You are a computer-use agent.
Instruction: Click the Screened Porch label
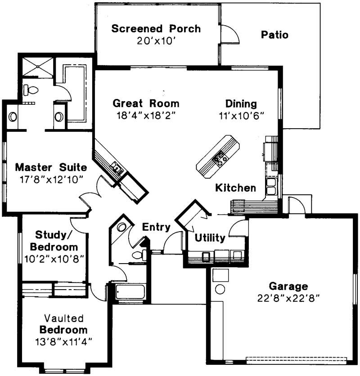click(x=156, y=29)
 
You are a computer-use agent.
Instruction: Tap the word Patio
click(x=274, y=35)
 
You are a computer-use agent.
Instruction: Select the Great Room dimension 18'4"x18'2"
click(x=145, y=115)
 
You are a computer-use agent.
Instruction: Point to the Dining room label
click(x=241, y=103)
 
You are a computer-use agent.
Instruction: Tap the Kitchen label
click(x=235, y=188)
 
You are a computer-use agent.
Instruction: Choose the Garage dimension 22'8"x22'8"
click(x=288, y=297)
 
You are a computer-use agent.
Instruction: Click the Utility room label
click(x=210, y=238)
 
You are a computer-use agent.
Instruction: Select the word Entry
click(x=156, y=227)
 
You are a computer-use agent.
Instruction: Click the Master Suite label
click(x=50, y=167)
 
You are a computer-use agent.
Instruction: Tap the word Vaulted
click(x=63, y=318)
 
